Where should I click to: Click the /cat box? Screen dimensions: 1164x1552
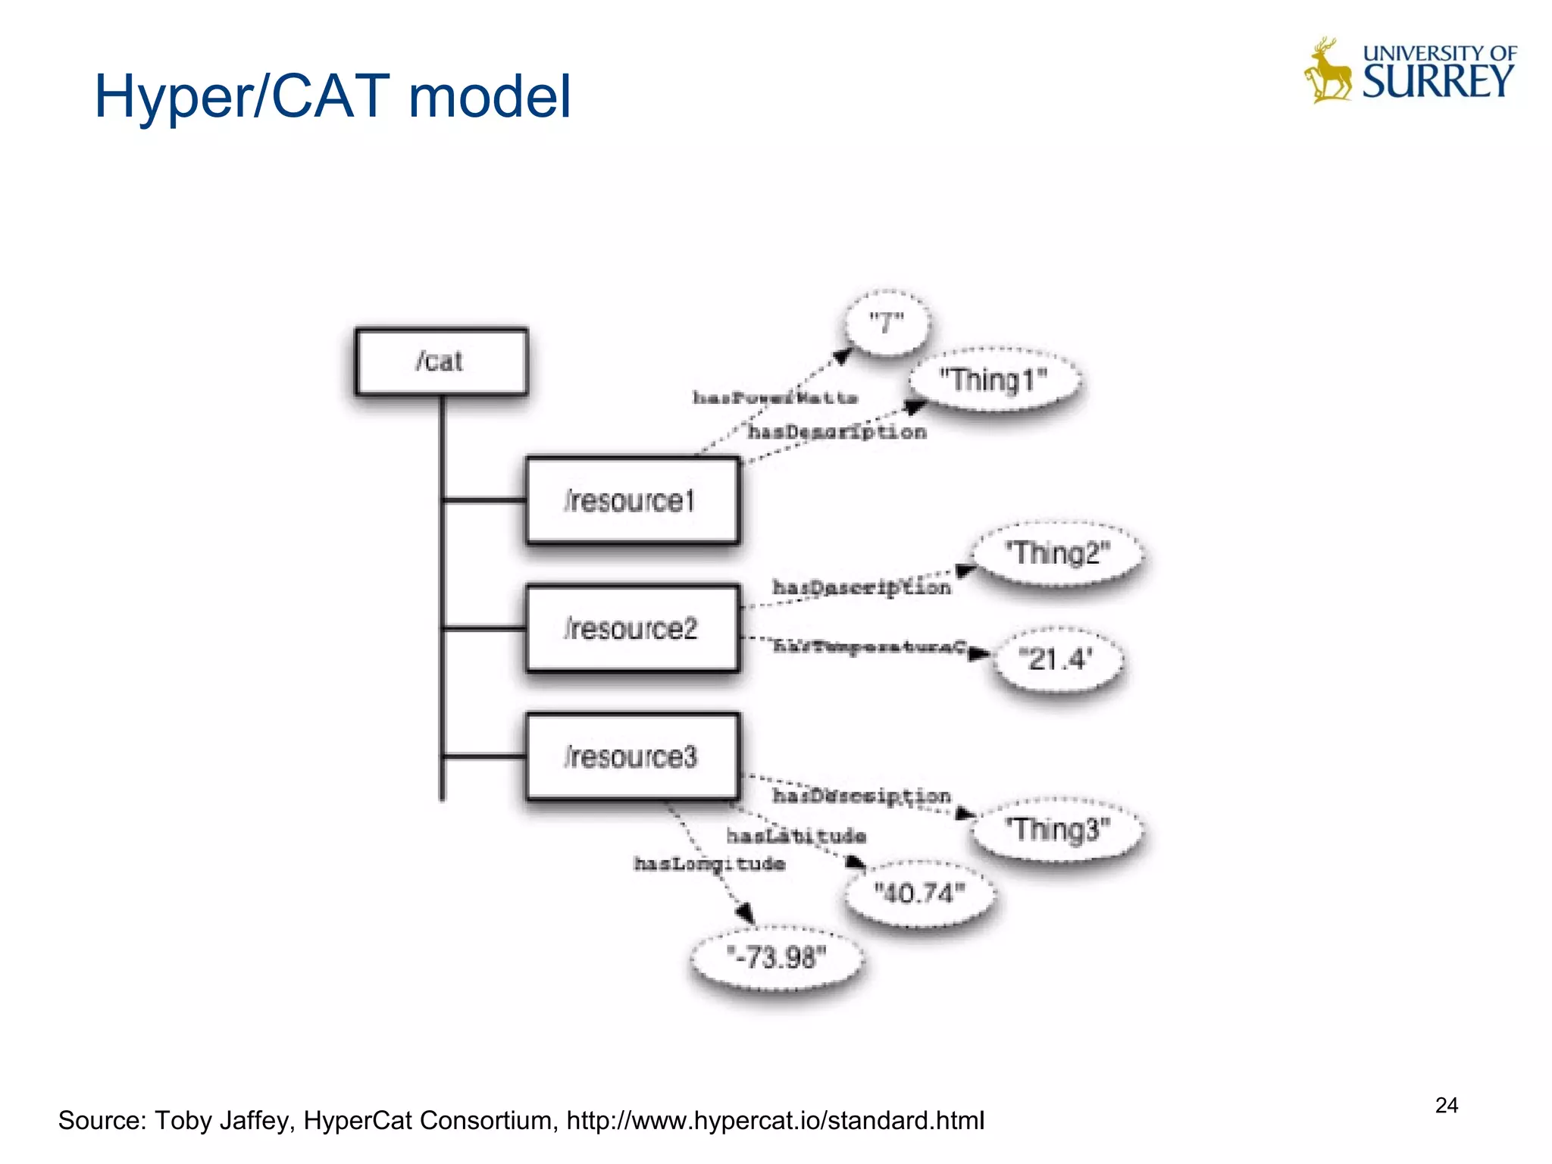pos(441,361)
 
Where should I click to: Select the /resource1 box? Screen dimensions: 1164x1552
pos(632,501)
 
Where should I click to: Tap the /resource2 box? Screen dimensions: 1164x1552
pos(632,628)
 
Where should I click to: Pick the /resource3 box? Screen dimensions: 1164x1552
pos(632,756)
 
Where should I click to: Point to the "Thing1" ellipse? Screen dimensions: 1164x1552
pos(993,380)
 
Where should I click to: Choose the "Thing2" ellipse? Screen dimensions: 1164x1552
pos(1057,553)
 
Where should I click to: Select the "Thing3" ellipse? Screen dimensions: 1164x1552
pos(1057,829)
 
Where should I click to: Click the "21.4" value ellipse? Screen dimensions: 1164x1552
pos(1057,659)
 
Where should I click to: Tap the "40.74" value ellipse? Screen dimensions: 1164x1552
pos(919,893)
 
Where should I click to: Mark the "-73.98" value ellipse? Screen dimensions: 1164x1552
pos(777,958)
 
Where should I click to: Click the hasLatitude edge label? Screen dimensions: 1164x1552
pos(796,836)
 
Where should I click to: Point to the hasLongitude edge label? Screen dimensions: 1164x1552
pos(709,864)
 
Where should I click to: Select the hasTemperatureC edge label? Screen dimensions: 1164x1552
pos(869,646)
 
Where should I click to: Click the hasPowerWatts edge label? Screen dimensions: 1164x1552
pos(774,398)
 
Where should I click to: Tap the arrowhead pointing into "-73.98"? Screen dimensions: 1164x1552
pos(746,913)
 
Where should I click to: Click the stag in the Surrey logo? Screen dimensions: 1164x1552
pos(1328,72)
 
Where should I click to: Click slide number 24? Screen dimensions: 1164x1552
pos(1446,1106)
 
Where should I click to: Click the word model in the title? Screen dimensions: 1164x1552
pos(489,97)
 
